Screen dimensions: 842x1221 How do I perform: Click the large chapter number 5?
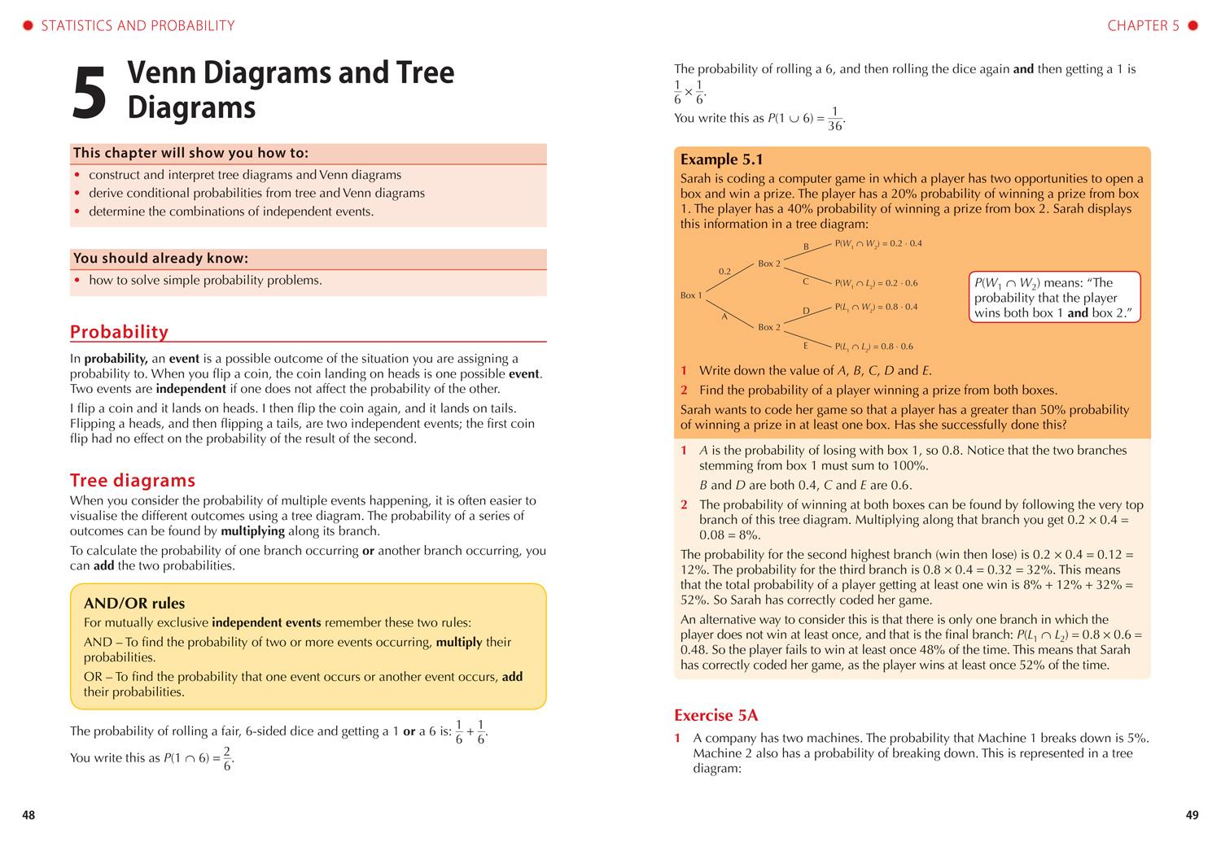90,94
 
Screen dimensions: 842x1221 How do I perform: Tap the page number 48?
28,815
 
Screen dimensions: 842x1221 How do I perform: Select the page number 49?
1192,815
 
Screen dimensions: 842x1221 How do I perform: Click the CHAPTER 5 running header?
1143,26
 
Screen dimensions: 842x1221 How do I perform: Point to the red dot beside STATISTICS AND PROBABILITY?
28,26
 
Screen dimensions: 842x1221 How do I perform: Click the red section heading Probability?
119,331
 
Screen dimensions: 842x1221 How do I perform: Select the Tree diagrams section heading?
133,480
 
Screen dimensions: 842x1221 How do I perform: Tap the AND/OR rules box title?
134,603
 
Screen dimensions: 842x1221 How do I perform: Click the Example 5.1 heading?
721,159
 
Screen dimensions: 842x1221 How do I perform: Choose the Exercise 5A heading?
716,715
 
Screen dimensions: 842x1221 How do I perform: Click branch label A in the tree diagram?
724,316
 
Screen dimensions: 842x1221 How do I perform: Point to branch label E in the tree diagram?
805,345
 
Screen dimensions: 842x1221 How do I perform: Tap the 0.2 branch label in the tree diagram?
724,271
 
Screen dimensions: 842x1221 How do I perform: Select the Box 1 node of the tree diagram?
690,295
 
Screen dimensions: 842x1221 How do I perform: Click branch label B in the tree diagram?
806,246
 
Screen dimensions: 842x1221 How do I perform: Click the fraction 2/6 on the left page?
228,758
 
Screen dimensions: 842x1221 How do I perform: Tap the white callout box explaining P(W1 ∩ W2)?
1055,298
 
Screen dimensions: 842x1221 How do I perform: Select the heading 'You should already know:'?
160,259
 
